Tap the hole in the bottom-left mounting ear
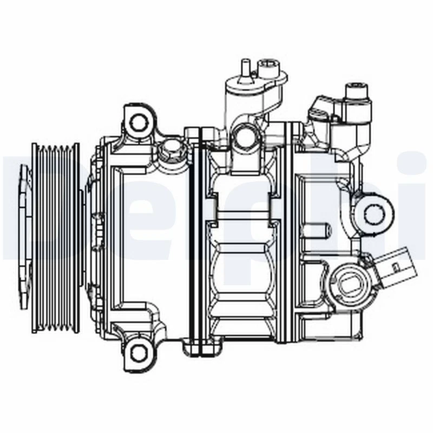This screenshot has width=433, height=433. click(x=139, y=353)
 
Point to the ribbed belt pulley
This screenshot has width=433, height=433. click(x=56, y=238)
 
